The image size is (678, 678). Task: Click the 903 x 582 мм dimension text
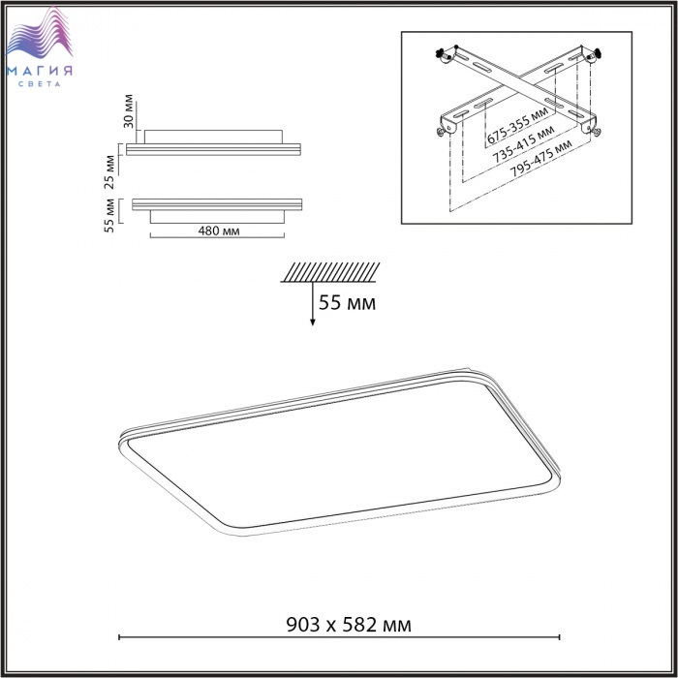pyautogui.click(x=349, y=625)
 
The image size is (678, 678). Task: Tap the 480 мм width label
pyautogui.click(x=219, y=231)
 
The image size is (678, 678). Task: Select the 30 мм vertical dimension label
pyautogui.click(x=129, y=111)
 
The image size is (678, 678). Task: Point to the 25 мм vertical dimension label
pyautogui.click(x=109, y=172)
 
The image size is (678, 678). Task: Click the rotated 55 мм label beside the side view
pyautogui.click(x=109, y=216)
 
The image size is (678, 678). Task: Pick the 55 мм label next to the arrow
pyautogui.click(x=347, y=302)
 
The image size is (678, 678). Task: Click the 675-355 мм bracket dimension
pyautogui.click(x=517, y=125)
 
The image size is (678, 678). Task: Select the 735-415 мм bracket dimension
pyautogui.click(x=524, y=144)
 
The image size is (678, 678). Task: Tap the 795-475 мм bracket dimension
pyautogui.click(x=540, y=158)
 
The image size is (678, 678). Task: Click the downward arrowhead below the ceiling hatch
pyautogui.click(x=312, y=323)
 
